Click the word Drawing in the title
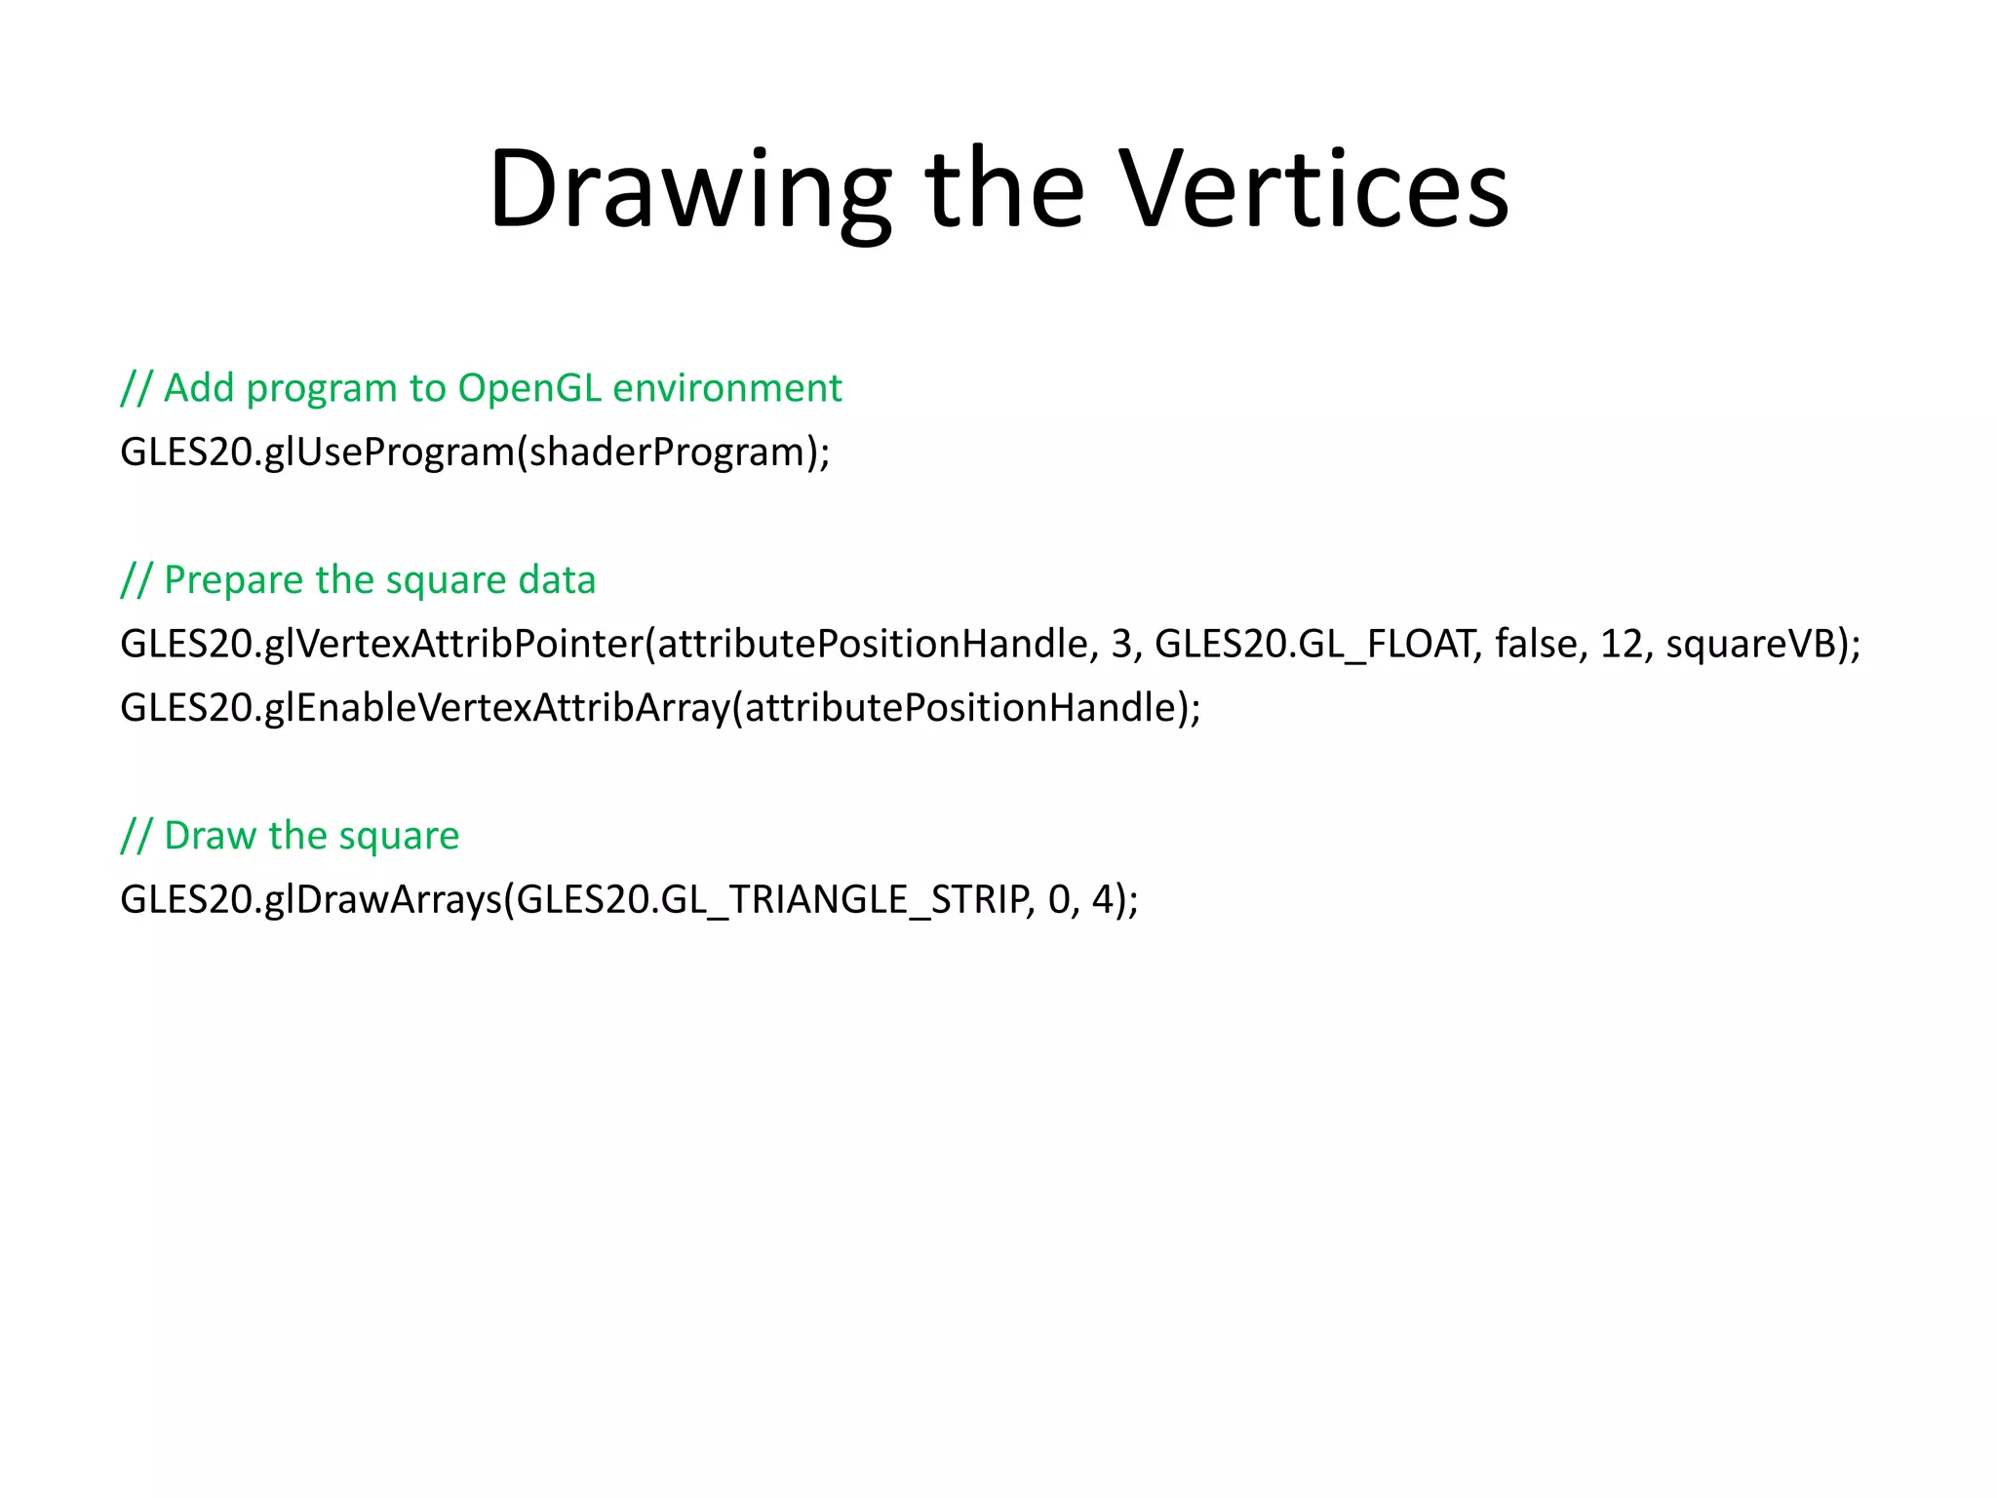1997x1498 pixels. tap(688, 190)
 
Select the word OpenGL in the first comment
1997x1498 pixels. tap(529, 388)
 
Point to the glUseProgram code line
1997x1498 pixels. tap(475, 453)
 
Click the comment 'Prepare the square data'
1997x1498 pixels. tap(358, 580)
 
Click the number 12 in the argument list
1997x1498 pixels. tap(1623, 644)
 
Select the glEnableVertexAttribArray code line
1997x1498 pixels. tap(660, 708)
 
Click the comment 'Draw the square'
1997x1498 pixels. tap(290, 836)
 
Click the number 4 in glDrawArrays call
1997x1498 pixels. tap(1103, 899)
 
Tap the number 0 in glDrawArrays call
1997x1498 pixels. tap(1059, 899)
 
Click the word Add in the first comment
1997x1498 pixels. tap(199, 388)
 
